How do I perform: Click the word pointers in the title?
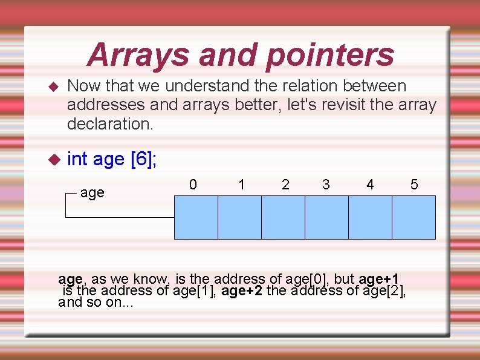[x=329, y=55]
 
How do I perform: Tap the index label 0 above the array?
[x=193, y=185]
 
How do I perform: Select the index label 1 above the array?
[x=242, y=185]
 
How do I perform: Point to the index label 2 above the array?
[x=285, y=185]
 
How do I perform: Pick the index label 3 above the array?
[x=326, y=185]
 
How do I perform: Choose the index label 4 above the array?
[x=370, y=185]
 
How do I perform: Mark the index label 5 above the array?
[x=414, y=185]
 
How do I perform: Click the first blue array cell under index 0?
[x=196, y=218]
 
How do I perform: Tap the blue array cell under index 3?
[x=326, y=218]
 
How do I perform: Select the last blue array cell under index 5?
[x=414, y=218]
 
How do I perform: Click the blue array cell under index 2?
[x=283, y=218]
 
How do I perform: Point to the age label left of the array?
[x=92, y=193]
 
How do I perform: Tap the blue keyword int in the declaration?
[x=77, y=159]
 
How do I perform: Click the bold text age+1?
[x=378, y=279]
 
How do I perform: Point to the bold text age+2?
[x=242, y=290]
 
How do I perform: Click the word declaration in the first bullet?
[x=109, y=124]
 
